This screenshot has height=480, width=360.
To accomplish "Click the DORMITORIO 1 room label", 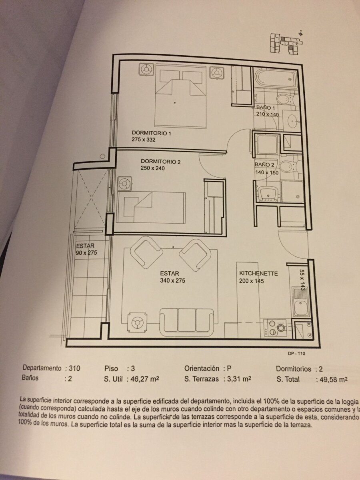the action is click(x=151, y=133).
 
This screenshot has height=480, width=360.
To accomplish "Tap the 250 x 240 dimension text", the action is click(x=153, y=168).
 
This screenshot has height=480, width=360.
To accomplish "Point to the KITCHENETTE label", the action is click(x=258, y=273).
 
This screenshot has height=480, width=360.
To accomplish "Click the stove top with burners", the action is click(x=275, y=328).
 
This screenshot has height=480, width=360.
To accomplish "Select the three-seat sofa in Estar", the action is click(x=187, y=323).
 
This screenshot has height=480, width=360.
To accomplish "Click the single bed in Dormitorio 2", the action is click(x=151, y=207).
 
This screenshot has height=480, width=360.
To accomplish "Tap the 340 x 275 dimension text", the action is click(x=172, y=280).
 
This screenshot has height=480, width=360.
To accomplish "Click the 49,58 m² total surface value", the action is click(x=333, y=380).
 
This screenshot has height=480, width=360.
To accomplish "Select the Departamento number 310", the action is click(x=74, y=368).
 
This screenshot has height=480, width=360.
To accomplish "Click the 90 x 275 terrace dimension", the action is click(x=86, y=253).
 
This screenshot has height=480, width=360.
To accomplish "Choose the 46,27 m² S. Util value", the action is click(x=145, y=379).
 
